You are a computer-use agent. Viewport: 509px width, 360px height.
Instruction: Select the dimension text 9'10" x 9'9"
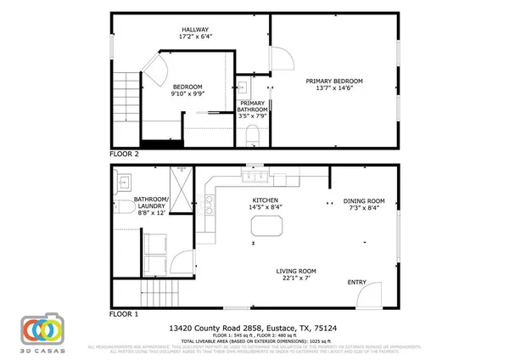point(187,95)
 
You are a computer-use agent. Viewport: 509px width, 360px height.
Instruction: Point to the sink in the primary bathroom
point(243,87)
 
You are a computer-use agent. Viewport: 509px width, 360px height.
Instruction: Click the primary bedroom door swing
point(282,59)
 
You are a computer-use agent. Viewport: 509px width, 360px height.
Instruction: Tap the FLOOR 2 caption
point(125,155)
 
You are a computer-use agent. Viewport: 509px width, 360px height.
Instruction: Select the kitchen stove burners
point(209,201)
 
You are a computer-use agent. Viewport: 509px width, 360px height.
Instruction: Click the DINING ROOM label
point(364,201)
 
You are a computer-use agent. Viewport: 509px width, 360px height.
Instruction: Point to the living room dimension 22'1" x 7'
point(289,278)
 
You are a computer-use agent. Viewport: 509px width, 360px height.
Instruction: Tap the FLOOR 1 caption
point(125,314)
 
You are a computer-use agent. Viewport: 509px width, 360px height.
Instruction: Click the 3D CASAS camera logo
point(42,329)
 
